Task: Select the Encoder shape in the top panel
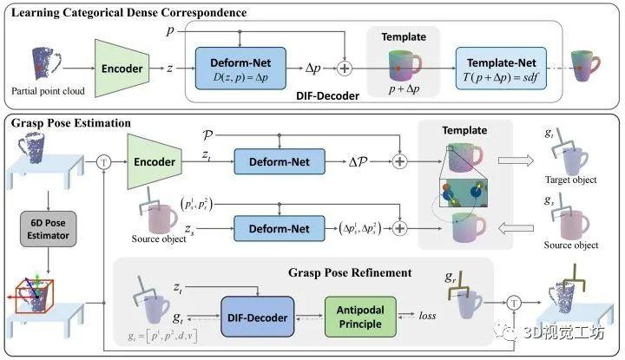coord(121,65)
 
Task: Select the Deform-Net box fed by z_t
coord(279,160)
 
